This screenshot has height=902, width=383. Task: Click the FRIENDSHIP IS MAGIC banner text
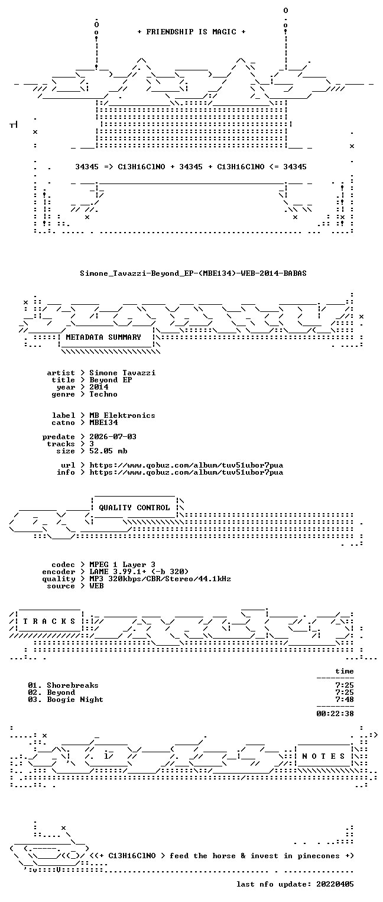(191, 32)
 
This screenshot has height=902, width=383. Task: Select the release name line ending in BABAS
(193, 273)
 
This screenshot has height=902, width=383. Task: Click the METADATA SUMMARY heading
(103, 337)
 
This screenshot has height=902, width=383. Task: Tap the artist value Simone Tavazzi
(122, 373)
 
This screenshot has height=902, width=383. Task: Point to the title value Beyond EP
(111, 380)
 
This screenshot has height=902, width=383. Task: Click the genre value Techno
(103, 394)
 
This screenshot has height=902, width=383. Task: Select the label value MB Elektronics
(122, 415)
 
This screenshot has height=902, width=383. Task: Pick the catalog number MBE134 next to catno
(103, 423)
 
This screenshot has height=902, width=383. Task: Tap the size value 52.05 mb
(108, 451)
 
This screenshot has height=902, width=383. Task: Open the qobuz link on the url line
(186, 465)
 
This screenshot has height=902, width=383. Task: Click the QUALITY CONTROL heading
(134, 508)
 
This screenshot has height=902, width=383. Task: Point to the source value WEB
(96, 586)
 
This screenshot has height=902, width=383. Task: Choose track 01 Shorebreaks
(63, 685)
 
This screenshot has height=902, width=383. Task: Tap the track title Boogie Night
(75, 700)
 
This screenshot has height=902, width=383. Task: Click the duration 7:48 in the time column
(345, 700)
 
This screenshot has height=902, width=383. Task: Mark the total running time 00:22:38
(335, 714)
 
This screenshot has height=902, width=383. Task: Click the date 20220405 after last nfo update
(335, 884)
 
